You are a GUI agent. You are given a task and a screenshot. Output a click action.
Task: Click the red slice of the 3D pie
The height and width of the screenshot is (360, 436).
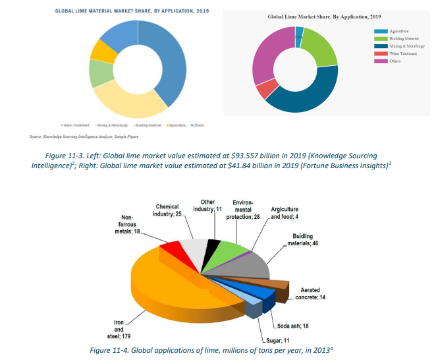(x=171, y=249)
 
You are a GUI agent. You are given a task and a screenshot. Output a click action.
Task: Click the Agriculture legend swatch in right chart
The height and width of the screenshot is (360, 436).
(x=380, y=31)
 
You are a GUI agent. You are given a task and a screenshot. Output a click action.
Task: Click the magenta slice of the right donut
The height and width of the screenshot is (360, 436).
(x=272, y=52)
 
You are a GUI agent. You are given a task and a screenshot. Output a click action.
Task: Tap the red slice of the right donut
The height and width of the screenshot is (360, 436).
(x=267, y=89)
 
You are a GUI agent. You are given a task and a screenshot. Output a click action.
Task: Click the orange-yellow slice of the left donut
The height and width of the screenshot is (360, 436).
(x=103, y=50)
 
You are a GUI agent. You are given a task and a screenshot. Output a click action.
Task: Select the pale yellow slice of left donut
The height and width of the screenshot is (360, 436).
(x=129, y=98)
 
